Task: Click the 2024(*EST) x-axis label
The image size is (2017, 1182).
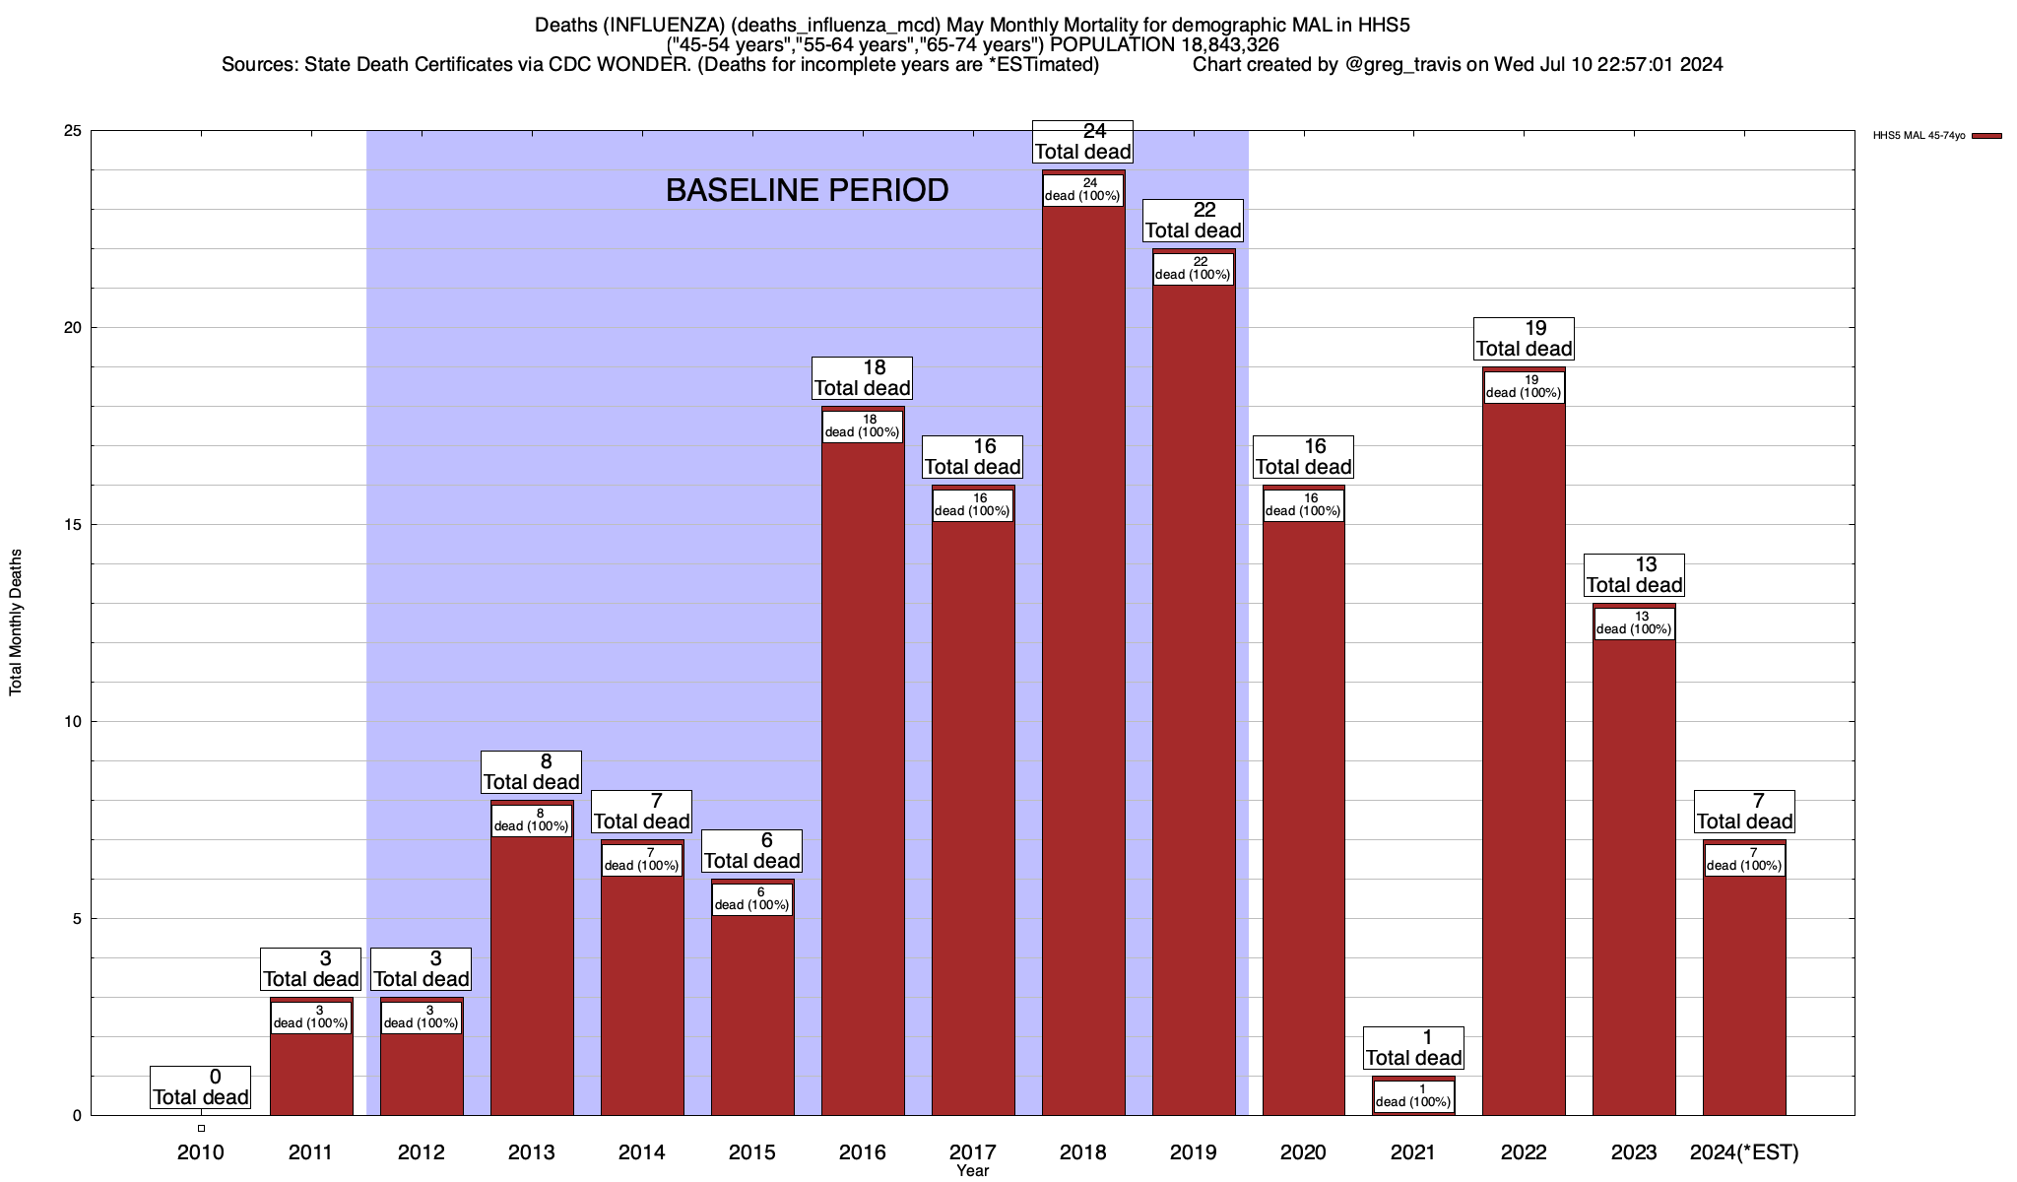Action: point(1744,1151)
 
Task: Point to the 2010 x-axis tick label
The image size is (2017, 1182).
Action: point(201,1151)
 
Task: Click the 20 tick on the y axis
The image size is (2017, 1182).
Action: point(73,328)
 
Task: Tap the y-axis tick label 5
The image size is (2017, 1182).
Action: point(77,919)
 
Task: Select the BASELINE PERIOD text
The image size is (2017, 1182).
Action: point(807,190)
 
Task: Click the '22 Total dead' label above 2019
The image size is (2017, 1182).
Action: point(1193,221)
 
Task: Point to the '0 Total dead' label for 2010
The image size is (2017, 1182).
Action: point(201,1087)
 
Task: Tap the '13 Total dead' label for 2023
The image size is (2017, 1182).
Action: point(1634,575)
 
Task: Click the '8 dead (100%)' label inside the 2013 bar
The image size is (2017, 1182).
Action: point(532,821)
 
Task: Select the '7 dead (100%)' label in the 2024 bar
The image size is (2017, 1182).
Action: point(1744,860)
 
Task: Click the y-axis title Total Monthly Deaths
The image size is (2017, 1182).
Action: point(16,623)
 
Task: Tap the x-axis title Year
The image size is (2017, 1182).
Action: point(972,1170)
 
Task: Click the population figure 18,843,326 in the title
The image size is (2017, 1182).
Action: point(1223,44)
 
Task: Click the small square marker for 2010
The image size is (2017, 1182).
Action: point(201,1128)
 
